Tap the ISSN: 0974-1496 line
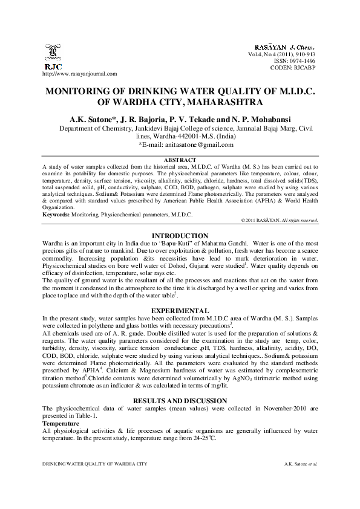[x=299, y=60]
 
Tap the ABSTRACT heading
[x=180, y=159]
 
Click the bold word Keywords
[x=55, y=215]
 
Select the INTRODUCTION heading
[x=180, y=235]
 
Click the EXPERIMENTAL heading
[x=180, y=310]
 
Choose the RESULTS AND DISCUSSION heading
[x=180, y=401]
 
